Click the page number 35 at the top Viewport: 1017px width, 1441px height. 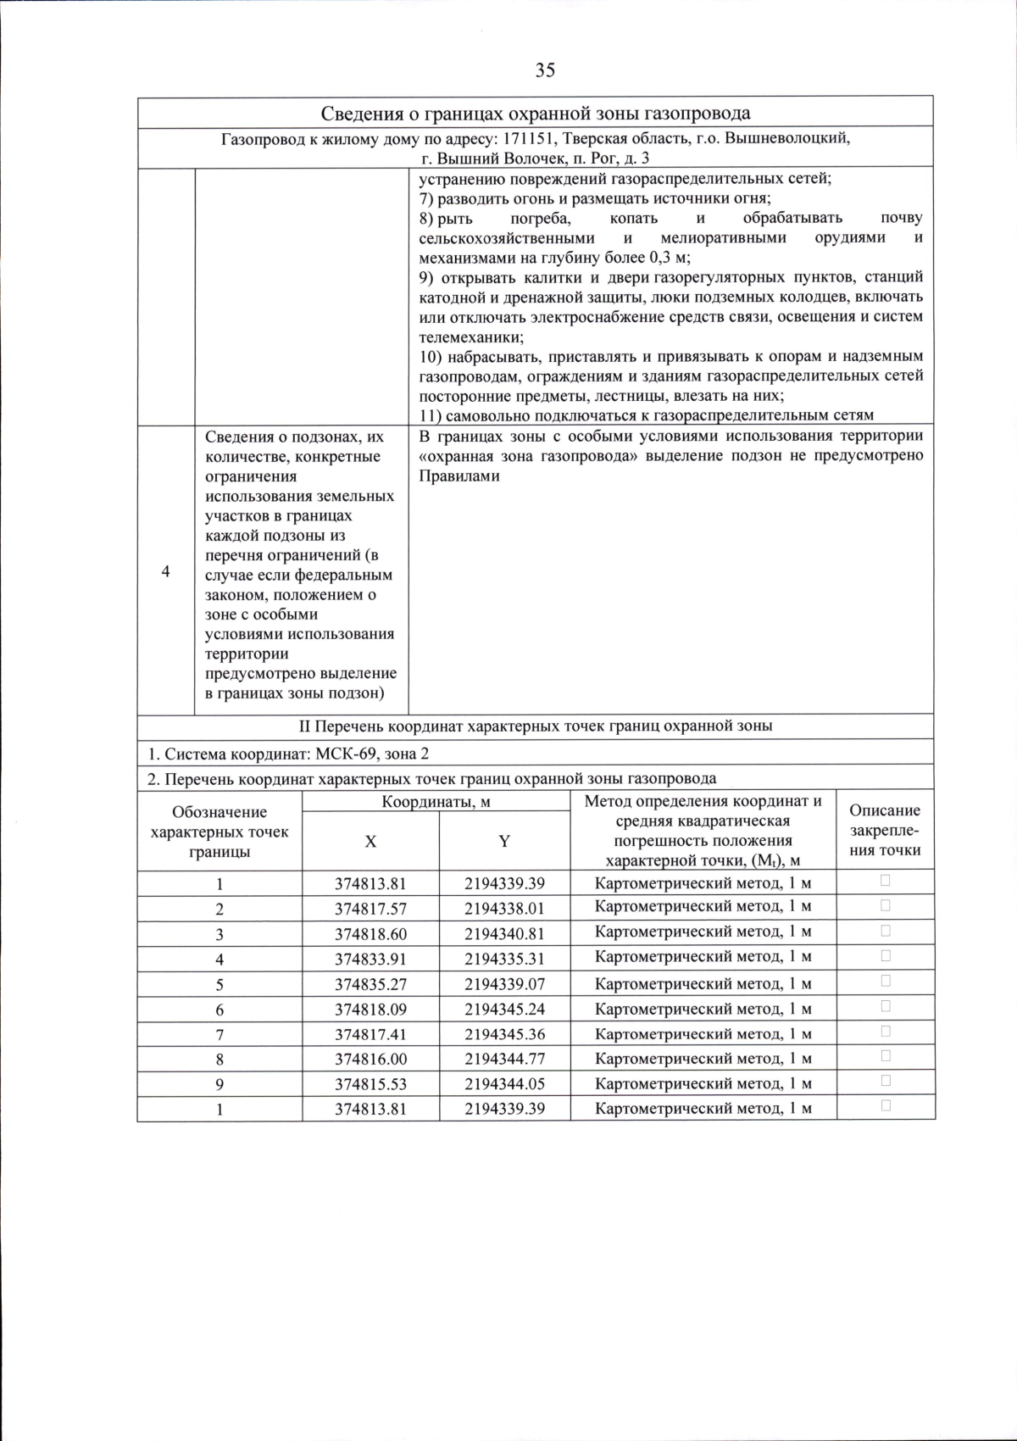pos(545,70)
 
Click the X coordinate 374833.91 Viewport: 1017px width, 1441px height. pos(370,959)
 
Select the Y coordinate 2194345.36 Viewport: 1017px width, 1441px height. pos(504,1034)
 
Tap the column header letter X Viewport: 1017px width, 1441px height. pos(370,842)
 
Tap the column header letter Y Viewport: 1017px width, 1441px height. pos(504,842)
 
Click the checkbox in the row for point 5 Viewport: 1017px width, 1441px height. pos(886,981)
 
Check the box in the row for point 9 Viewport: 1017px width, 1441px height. pos(886,1081)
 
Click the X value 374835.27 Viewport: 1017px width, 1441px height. pos(370,984)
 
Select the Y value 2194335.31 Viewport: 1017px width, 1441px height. pos(504,959)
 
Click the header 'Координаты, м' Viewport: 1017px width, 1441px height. pos(436,802)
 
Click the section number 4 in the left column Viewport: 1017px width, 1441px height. pos(165,571)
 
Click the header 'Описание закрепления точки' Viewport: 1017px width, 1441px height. pos(885,831)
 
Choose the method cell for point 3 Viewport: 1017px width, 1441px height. pos(703,932)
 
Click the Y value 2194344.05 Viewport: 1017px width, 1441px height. pos(504,1084)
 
